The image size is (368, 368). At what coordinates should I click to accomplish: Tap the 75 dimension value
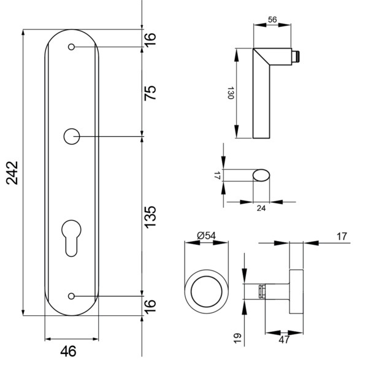click(x=150, y=91)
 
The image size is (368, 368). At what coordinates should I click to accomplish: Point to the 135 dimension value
click(x=150, y=217)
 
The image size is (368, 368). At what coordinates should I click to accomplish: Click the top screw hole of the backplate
click(x=72, y=47)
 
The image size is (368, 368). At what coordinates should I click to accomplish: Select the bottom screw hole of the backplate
click(x=72, y=296)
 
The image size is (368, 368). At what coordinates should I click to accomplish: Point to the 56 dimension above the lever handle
click(x=273, y=20)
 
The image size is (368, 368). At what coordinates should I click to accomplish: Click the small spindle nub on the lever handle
click(x=296, y=58)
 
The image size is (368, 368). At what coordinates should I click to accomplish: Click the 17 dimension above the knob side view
click(x=342, y=235)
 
